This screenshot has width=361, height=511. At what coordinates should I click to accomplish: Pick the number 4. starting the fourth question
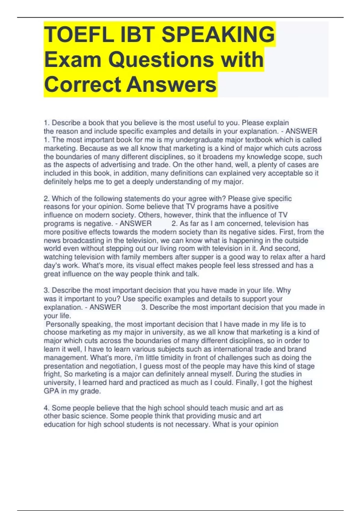click(x=47, y=408)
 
